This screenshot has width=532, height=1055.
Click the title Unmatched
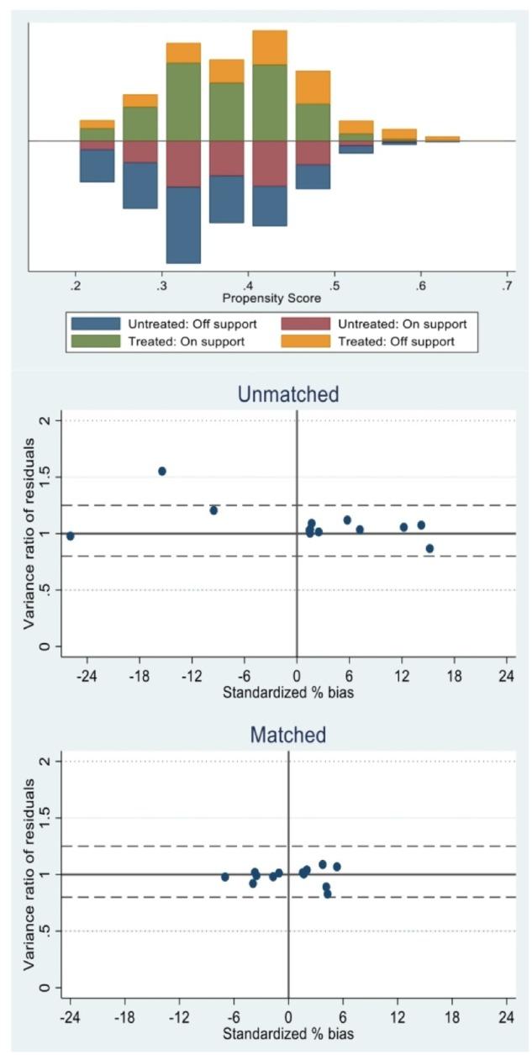(288, 393)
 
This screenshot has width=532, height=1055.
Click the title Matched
(288, 735)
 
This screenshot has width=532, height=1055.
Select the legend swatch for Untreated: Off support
(95, 324)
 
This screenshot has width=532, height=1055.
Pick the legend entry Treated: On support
(95, 341)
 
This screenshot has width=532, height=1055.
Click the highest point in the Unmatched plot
(162, 472)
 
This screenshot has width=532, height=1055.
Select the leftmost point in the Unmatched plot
(71, 535)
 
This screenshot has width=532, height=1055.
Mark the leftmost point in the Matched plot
(225, 877)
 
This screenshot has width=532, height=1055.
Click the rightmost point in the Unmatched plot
(429, 548)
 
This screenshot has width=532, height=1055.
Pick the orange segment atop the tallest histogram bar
(270, 47)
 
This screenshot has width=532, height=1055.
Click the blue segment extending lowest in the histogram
(183, 224)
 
